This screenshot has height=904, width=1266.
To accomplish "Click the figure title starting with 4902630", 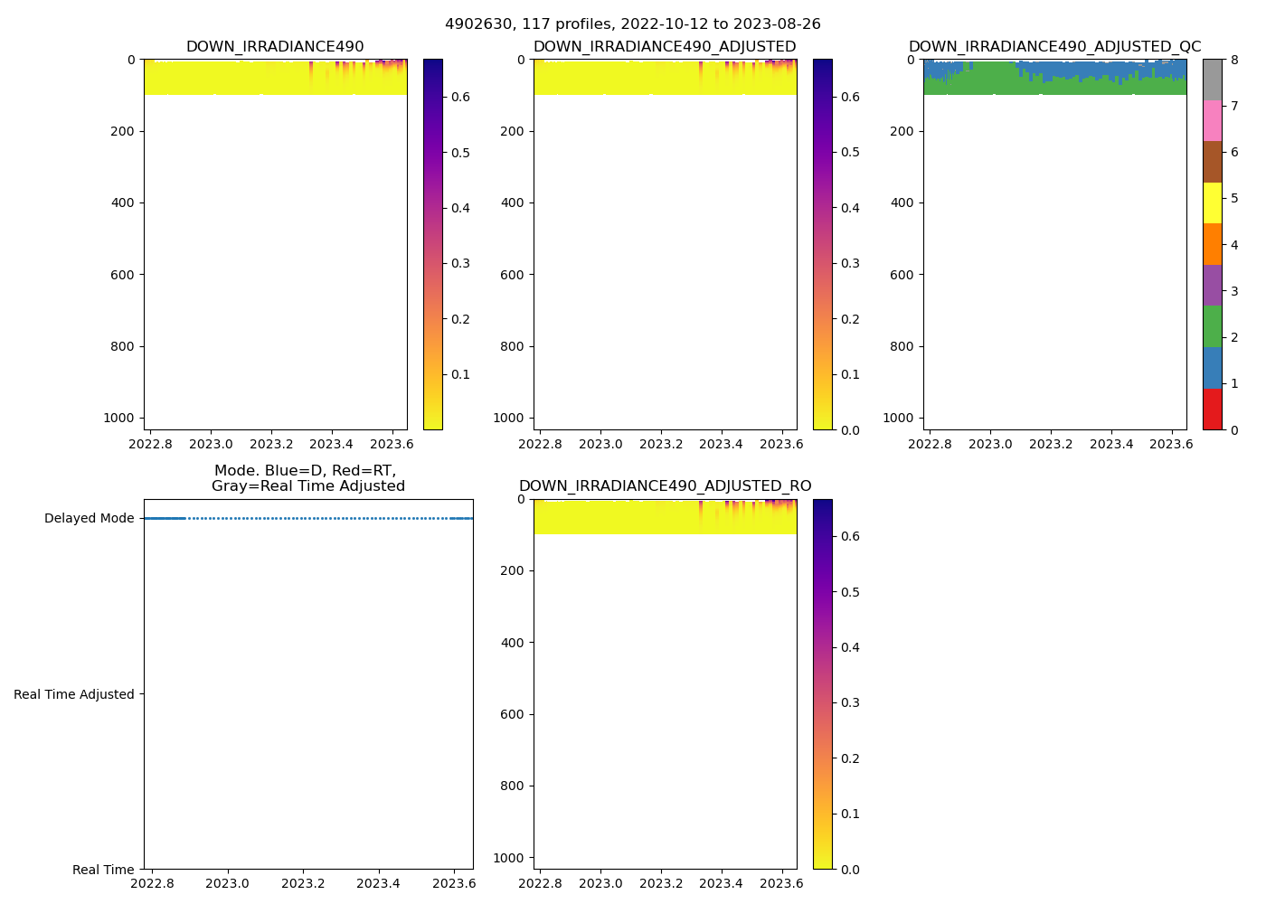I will pos(633,24).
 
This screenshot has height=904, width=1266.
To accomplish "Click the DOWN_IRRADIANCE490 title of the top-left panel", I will pos(275,47).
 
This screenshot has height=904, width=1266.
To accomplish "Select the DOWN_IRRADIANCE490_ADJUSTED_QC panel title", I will pos(1054,47).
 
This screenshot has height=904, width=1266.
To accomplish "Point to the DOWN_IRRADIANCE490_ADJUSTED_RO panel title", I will pos(665,486).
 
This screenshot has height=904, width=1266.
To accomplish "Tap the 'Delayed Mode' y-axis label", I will pos(89,519).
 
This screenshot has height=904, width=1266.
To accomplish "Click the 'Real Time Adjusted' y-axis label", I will pos(74,694).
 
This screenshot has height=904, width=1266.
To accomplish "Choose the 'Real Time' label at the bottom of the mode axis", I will pos(103,870).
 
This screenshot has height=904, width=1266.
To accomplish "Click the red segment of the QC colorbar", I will pos(1213,410).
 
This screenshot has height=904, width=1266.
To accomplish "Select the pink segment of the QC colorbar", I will pos(1213,121).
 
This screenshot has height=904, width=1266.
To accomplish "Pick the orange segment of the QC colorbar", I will pos(1213,245).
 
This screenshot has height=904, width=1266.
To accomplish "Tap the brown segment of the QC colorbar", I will pos(1213,163).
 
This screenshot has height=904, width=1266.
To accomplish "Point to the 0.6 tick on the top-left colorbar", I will pos(460,97).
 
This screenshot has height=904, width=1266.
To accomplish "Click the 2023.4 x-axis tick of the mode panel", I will pos(379,883).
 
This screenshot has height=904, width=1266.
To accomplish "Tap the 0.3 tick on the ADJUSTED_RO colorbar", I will pos(851,702).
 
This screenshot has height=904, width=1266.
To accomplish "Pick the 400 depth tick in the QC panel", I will pos(902,202).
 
